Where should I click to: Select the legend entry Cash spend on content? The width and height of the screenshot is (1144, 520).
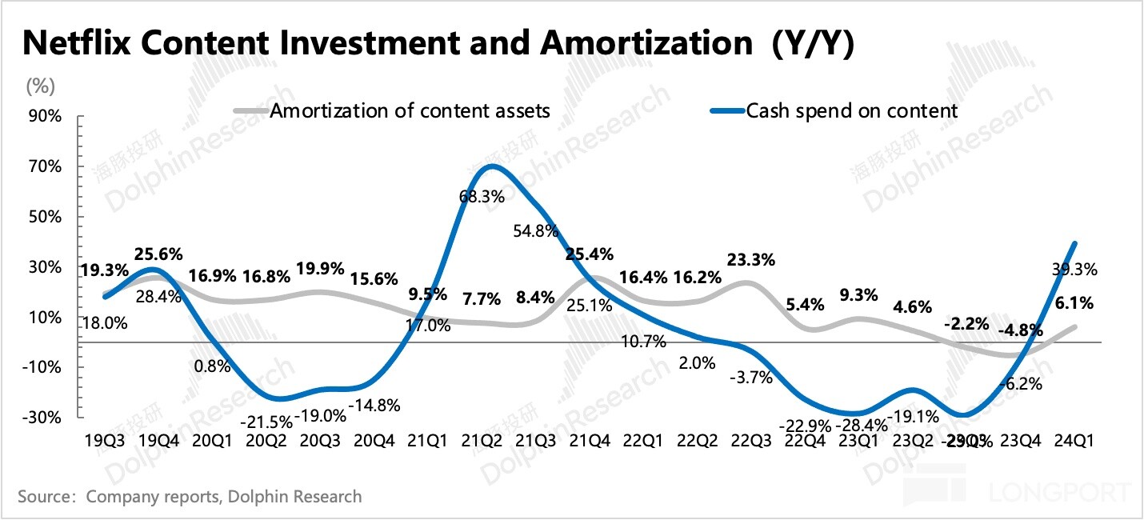click(x=851, y=110)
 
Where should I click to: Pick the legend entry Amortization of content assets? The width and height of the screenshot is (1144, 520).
click(x=410, y=110)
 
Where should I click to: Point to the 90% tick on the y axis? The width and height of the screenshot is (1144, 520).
click(x=46, y=117)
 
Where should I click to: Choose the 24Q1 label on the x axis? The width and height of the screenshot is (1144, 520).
click(x=1074, y=440)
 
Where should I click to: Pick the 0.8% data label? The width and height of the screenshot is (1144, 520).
click(x=212, y=367)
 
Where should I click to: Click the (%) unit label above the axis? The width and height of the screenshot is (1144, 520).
click(x=42, y=86)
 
